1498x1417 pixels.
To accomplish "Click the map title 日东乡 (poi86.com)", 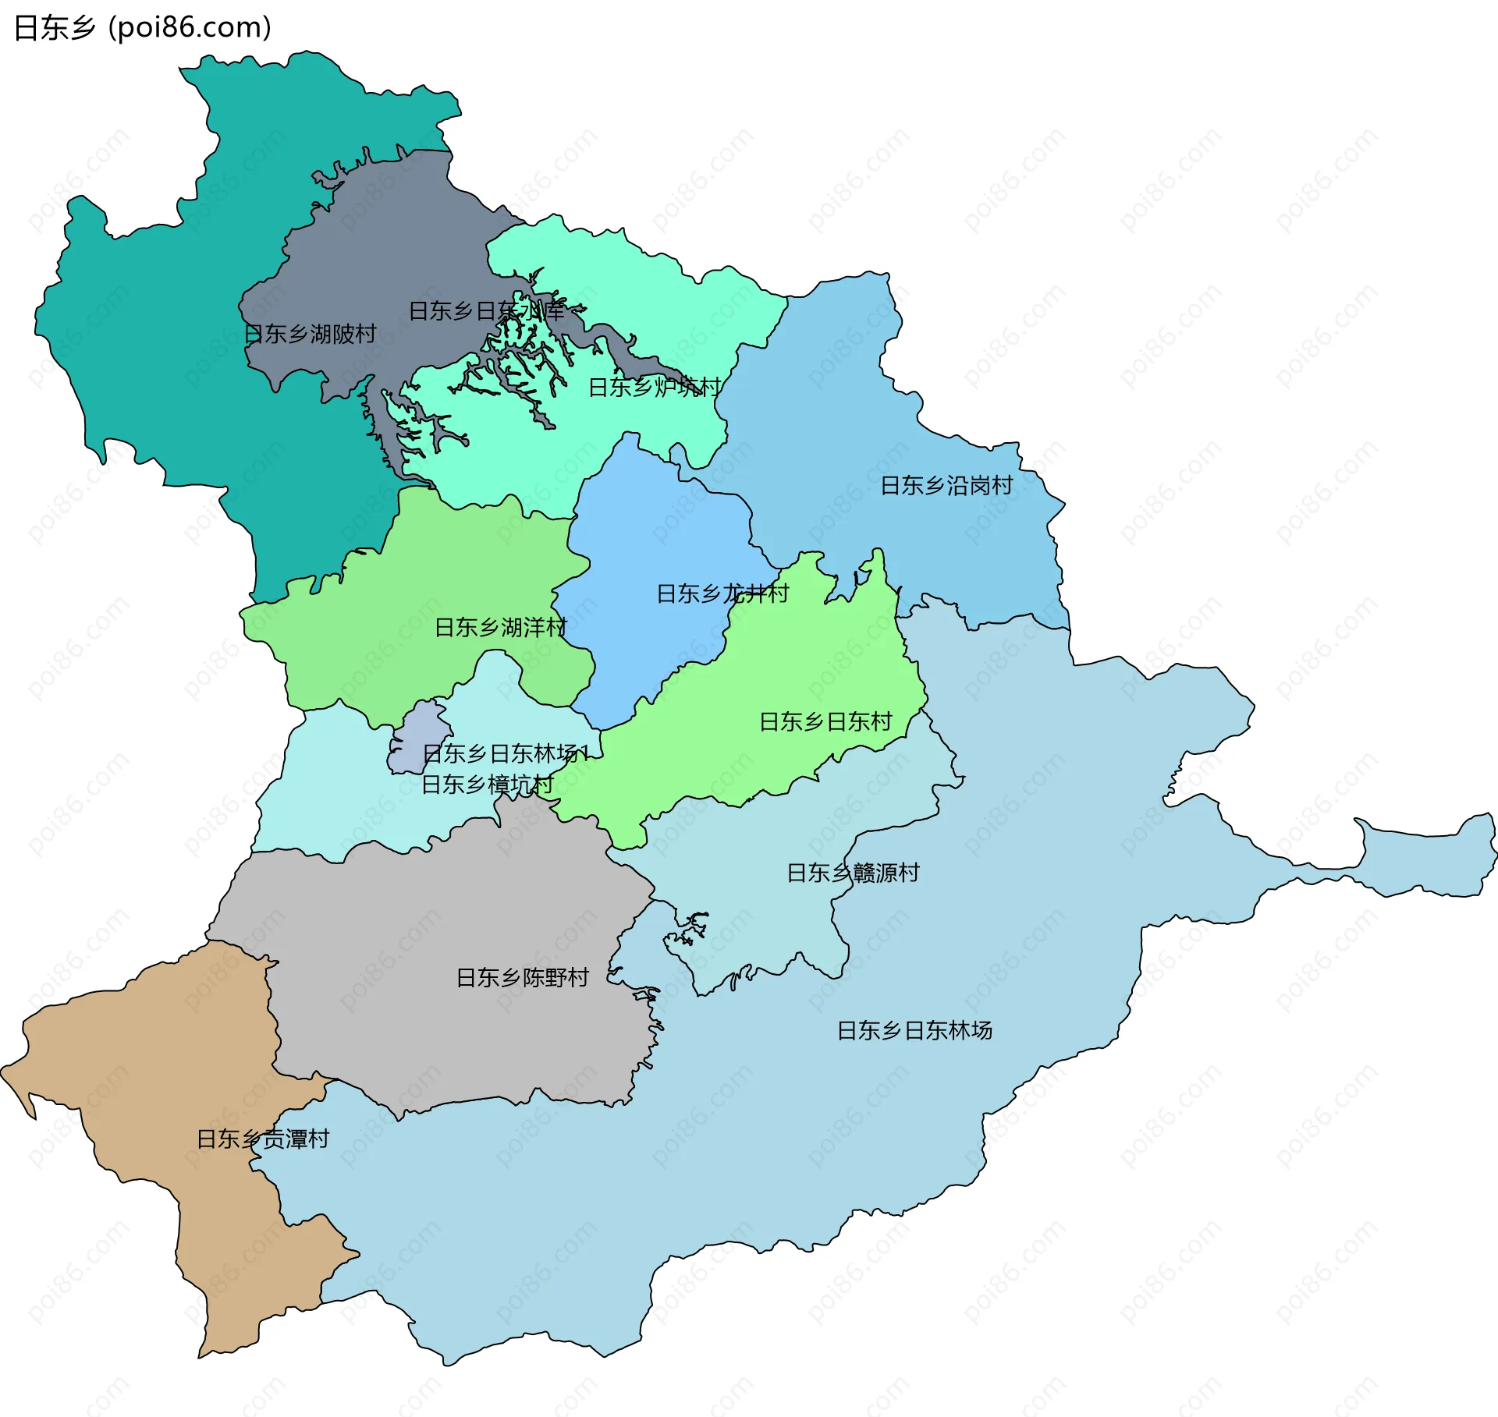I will click(143, 27).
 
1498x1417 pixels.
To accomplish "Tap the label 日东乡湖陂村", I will click(310, 335).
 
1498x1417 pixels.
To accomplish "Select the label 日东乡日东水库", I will click(486, 311).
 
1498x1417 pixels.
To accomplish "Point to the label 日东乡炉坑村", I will click(655, 387).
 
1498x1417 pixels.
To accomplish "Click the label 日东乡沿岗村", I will click(946, 486).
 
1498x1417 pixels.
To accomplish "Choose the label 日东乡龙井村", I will click(722, 593).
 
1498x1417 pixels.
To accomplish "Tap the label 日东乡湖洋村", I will click(500, 627).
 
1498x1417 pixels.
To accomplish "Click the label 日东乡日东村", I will click(825, 721).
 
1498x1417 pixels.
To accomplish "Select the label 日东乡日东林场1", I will click(505, 753).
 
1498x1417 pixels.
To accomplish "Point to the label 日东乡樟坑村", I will click(487, 784).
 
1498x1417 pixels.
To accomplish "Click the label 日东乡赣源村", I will click(853, 873).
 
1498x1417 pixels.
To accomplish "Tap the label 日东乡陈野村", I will click(522, 977).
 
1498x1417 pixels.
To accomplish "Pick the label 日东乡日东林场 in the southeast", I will click(914, 1030).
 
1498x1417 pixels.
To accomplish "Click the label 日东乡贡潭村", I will click(263, 1139).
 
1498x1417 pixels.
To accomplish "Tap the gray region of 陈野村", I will click(437, 936).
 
